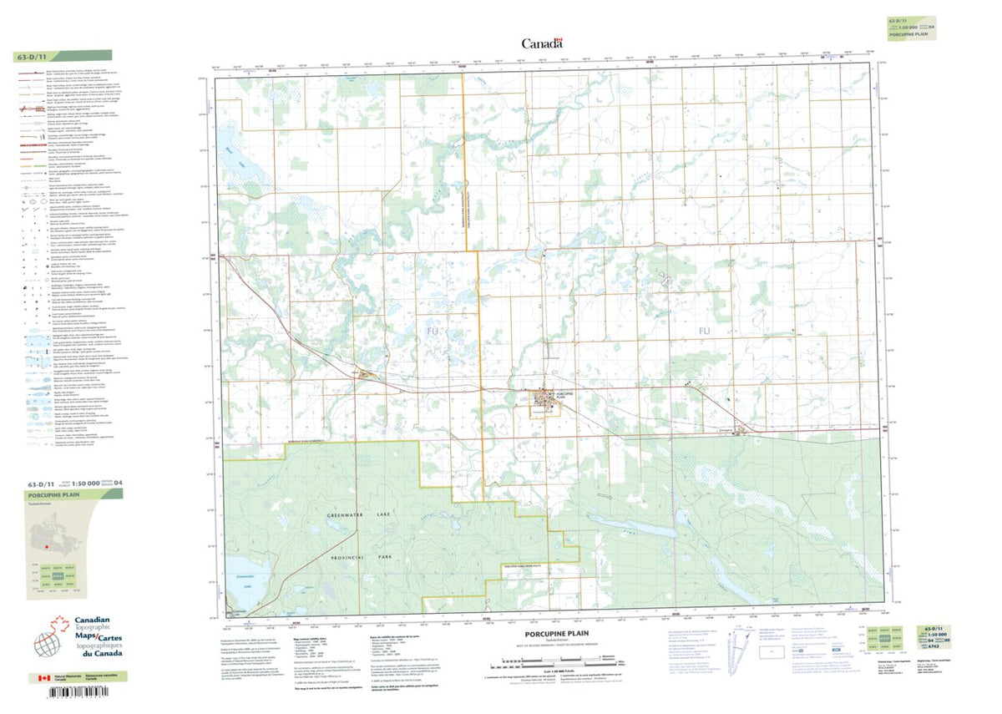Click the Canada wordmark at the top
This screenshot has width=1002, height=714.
click(x=542, y=43)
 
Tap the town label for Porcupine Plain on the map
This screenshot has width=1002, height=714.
click(x=566, y=395)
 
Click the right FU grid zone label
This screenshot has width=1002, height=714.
click(x=704, y=355)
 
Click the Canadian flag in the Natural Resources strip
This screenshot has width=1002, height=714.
click(x=39, y=679)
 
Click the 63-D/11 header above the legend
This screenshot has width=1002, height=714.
click(x=33, y=58)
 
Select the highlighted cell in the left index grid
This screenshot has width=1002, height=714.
click(x=58, y=576)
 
